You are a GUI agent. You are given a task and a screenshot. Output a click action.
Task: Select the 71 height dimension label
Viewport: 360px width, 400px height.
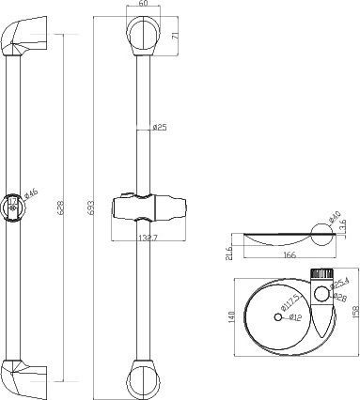coord(174,37)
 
